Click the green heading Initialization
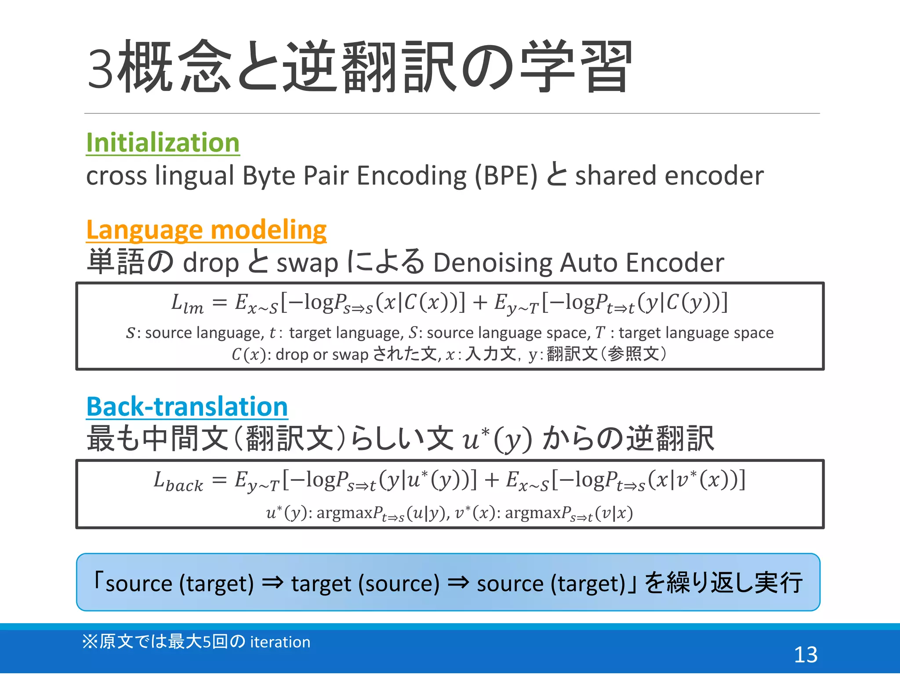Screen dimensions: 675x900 click(x=163, y=143)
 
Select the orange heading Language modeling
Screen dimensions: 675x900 click(x=206, y=230)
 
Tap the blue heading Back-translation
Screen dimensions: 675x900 click(x=187, y=406)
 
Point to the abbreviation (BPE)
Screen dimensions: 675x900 click(x=506, y=176)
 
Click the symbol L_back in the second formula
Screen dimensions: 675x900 click(x=178, y=481)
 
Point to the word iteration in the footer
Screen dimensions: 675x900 click(x=280, y=642)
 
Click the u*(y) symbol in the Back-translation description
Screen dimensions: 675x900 click(x=497, y=439)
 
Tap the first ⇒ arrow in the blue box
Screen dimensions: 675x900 click(x=272, y=583)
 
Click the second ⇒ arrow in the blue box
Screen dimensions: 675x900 click(x=458, y=583)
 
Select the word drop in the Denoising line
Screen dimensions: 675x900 click(x=210, y=263)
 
